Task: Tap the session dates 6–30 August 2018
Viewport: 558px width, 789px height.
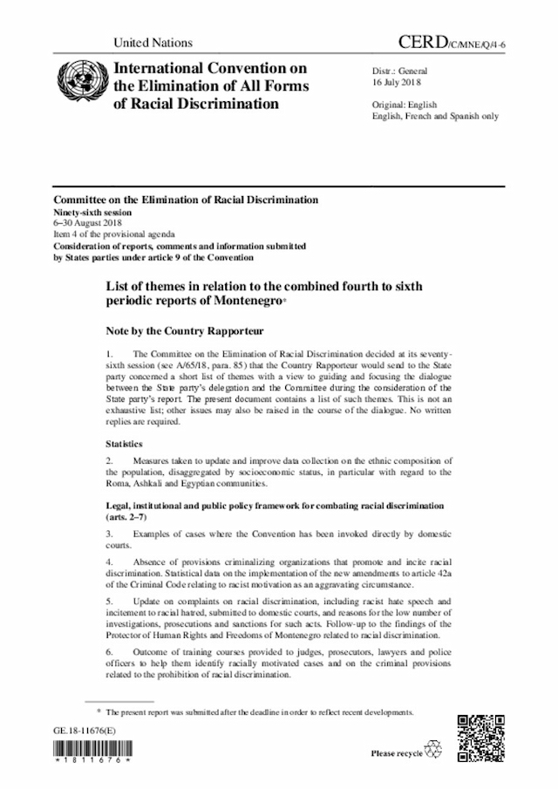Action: click(89, 223)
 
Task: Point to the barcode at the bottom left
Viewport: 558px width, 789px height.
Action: click(92, 751)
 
